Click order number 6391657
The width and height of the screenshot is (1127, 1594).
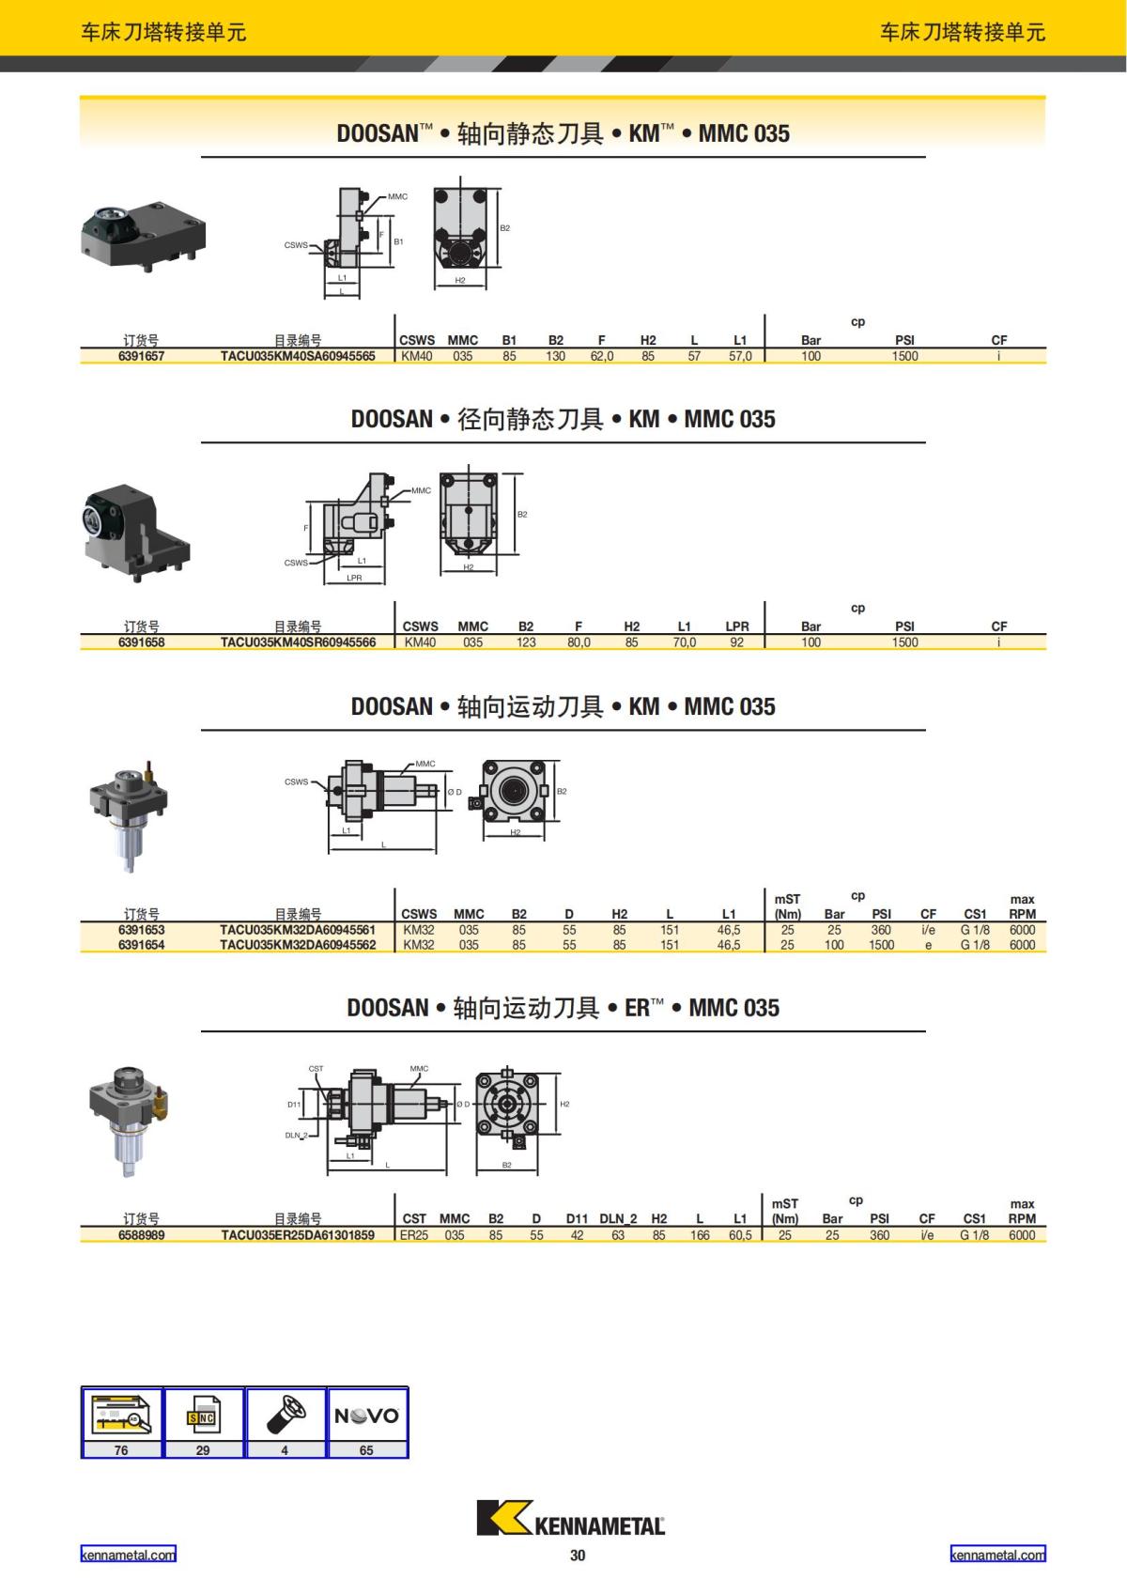(x=141, y=356)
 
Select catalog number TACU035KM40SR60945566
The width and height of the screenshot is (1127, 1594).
(x=298, y=642)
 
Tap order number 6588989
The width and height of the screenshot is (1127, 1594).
(x=141, y=1234)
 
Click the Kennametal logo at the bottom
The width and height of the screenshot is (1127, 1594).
(x=571, y=1518)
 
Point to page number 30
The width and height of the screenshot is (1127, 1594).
(x=578, y=1555)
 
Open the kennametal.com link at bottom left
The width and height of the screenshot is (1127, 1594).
(x=128, y=1555)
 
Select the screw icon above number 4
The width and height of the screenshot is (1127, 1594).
(x=286, y=1415)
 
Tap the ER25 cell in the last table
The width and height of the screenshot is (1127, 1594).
(x=414, y=1234)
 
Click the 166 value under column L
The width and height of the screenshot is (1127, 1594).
(x=700, y=1234)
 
